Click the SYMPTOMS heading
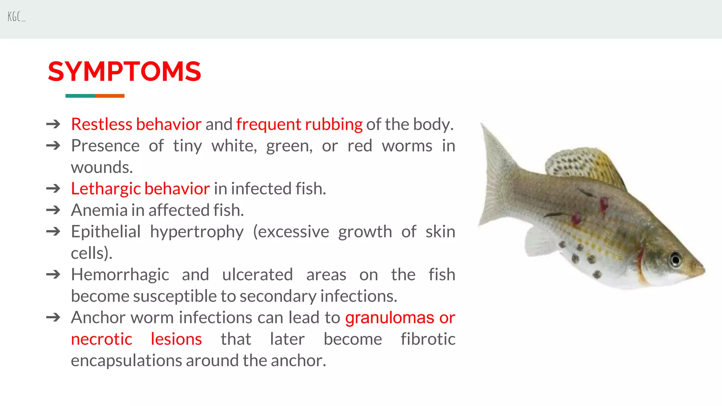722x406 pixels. (x=124, y=72)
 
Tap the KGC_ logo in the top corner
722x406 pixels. (x=16, y=17)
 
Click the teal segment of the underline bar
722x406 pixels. (x=80, y=96)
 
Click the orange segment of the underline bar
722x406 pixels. (x=110, y=96)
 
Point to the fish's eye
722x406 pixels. (x=675, y=260)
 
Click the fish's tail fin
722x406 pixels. (x=497, y=176)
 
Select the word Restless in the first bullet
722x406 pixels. (x=102, y=124)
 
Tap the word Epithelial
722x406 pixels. (x=106, y=232)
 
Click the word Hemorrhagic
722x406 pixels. (x=120, y=275)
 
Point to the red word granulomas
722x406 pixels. (x=390, y=318)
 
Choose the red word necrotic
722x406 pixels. (x=102, y=339)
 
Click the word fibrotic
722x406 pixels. (x=428, y=339)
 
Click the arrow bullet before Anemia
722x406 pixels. (x=53, y=210)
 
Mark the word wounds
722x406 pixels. (x=102, y=167)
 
